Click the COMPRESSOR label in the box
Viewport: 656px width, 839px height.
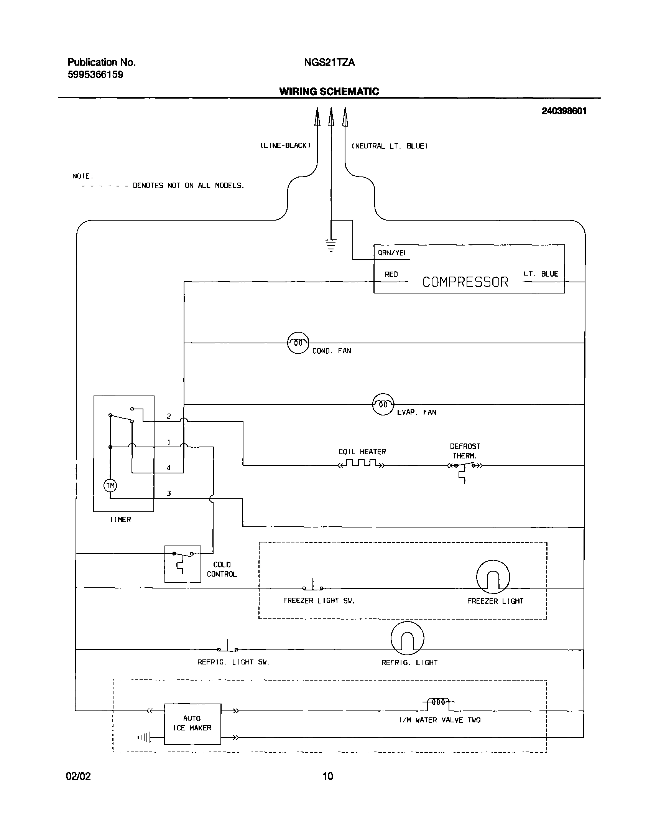[465, 282]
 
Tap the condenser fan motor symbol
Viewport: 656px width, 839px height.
[298, 343]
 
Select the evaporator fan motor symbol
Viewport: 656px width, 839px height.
[383, 404]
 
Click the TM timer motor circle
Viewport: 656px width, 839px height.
[110, 485]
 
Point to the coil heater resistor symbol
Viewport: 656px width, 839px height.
[361, 463]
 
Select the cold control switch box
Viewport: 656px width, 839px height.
[183, 564]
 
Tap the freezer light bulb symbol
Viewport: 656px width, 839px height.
[493, 577]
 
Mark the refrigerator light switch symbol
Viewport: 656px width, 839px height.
[228, 648]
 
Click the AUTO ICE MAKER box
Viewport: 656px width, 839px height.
[192, 724]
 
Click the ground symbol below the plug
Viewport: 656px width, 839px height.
[331, 245]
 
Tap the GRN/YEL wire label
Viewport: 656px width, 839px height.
[393, 253]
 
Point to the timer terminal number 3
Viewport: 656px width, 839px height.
[169, 493]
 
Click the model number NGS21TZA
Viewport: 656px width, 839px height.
[329, 63]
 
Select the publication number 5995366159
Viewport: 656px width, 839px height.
[95, 75]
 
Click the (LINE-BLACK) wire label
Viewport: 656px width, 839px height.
[285, 146]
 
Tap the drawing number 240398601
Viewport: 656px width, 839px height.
[564, 111]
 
